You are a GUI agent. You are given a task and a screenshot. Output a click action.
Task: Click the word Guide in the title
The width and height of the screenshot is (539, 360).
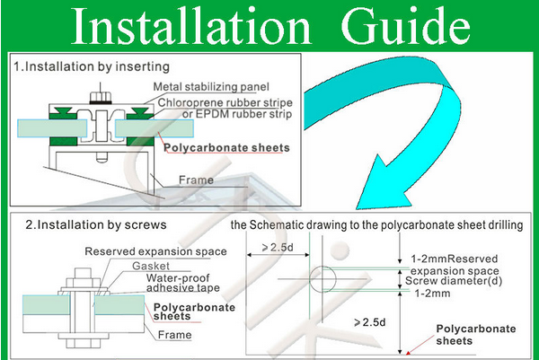tap(406, 26)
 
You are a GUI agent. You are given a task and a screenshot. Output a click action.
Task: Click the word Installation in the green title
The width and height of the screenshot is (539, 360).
tap(191, 26)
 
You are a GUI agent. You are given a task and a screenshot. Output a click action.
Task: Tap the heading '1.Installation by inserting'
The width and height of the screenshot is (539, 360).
tap(92, 66)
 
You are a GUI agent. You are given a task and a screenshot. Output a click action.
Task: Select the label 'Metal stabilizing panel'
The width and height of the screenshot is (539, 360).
tap(211, 86)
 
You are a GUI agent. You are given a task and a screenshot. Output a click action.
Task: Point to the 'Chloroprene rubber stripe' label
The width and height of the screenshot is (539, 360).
tap(225, 102)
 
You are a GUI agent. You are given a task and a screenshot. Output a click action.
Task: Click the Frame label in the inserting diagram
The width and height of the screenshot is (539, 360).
tap(196, 180)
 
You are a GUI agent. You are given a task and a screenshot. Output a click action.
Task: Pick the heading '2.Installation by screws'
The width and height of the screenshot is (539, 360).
tap(96, 225)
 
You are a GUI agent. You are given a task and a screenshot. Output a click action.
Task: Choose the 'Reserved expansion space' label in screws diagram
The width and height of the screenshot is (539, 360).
tap(155, 251)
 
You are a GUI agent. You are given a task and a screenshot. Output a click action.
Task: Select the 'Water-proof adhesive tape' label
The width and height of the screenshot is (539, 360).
tap(183, 283)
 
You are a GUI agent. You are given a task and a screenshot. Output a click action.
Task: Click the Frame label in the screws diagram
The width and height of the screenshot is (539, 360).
tap(174, 335)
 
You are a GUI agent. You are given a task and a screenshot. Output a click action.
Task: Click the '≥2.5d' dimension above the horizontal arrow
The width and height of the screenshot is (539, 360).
tap(278, 247)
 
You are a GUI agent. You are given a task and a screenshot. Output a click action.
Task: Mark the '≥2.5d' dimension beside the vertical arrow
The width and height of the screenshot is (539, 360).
tap(370, 322)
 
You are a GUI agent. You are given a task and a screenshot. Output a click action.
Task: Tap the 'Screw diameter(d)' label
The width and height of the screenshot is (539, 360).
tap(454, 281)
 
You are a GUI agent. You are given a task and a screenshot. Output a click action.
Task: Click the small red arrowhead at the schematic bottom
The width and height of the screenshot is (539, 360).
tap(408, 353)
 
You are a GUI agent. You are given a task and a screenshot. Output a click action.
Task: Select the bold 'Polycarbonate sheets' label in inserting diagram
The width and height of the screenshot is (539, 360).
tap(227, 148)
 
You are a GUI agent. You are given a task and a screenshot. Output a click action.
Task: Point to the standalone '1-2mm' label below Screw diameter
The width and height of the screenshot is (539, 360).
tap(432, 294)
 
